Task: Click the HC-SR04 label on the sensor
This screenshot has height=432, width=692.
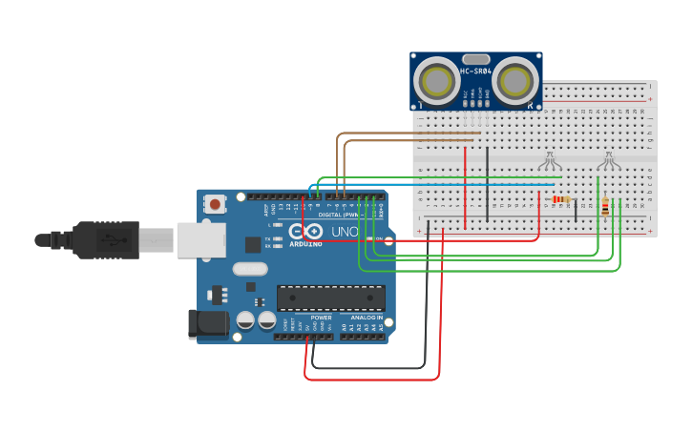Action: click(475, 72)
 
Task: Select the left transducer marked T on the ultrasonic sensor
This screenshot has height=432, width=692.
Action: click(438, 81)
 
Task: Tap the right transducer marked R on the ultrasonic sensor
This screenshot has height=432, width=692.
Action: click(516, 81)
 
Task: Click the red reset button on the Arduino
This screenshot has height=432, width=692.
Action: click(216, 204)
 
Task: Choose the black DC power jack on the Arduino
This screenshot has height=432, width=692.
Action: click(208, 324)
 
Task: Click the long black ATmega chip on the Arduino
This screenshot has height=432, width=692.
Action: click(331, 298)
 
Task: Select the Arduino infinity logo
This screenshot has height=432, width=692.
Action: click(307, 232)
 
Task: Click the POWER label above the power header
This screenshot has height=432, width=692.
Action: click(321, 318)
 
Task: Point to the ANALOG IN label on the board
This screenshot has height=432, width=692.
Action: click(366, 318)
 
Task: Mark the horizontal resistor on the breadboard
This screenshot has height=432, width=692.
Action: click(561, 199)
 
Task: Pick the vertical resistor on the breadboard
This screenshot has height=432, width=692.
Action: click(605, 206)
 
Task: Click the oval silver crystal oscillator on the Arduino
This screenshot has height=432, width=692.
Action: click(249, 269)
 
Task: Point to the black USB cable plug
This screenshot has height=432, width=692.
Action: click(105, 239)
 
